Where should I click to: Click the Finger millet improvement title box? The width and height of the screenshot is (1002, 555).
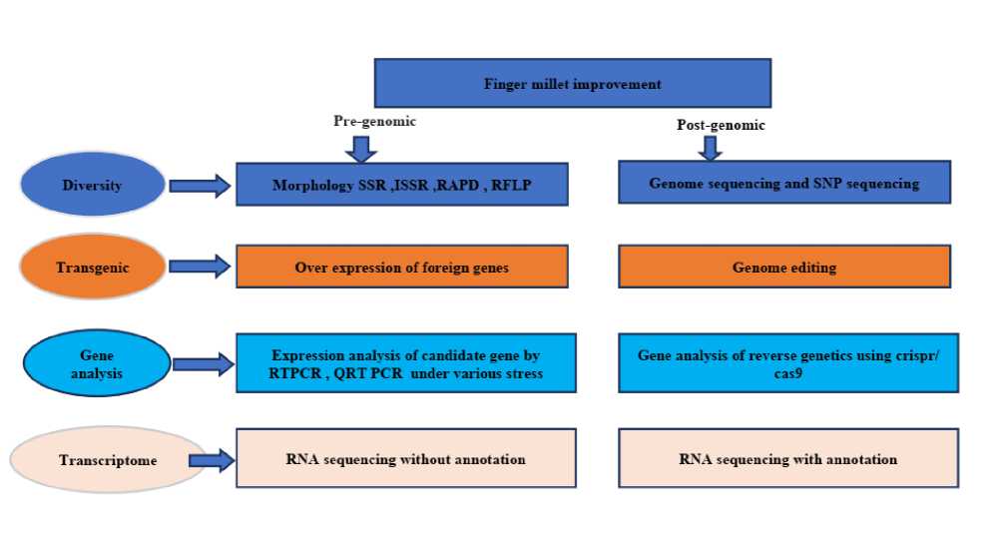click(572, 83)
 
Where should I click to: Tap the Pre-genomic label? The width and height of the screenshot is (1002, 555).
click(373, 121)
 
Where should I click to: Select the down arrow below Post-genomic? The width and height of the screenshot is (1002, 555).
click(710, 148)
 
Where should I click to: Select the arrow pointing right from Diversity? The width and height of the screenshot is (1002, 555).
click(200, 185)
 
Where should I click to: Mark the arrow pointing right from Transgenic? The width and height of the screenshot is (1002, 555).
click(200, 268)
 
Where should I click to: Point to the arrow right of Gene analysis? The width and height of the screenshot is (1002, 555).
click(203, 364)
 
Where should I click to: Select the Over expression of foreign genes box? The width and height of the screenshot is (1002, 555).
click(402, 267)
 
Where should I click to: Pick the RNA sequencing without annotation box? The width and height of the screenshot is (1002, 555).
click(405, 459)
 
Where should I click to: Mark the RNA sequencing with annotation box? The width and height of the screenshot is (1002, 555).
click(787, 459)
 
